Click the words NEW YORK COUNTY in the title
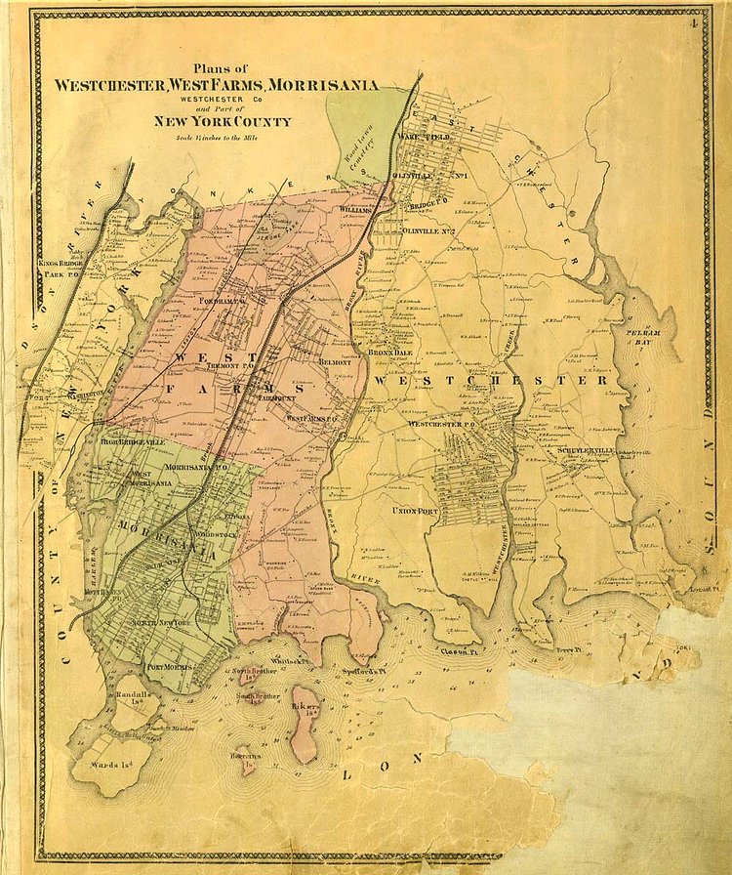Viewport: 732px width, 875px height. coord(221,121)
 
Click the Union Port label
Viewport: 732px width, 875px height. coord(414,511)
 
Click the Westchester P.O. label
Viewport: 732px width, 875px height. coord(446,425)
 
